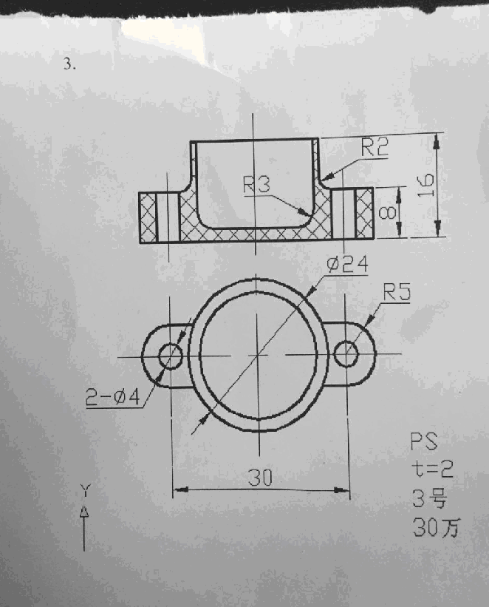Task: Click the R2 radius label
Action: click(375, 148)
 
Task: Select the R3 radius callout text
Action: click(257, 185)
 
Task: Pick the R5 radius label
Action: click(397, 293)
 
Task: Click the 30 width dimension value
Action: click(260, 478)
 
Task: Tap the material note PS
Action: click(424, 442)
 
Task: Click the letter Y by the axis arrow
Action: click(85, 489)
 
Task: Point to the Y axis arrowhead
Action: click(84, 510)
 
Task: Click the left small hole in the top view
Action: click(171, 356)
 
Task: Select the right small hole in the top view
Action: click(346, 355)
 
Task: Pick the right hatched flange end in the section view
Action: click(364, 214)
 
